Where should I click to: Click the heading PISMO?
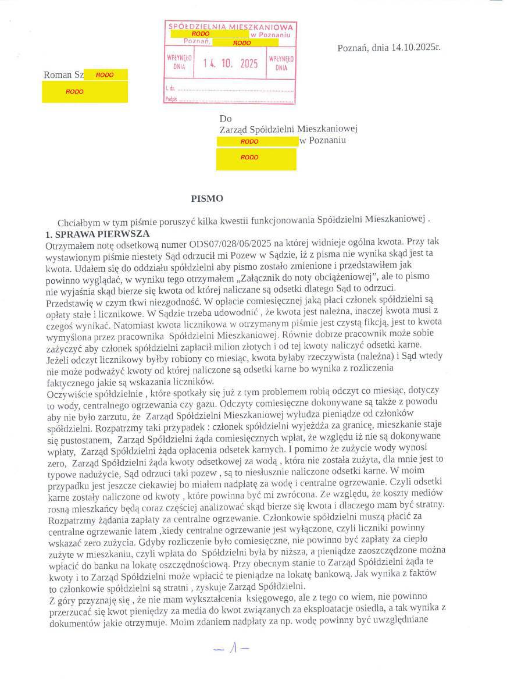pyautogui.click(x=207, y=198)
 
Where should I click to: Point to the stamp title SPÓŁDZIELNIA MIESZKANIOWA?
pyautogui.click(x=230, y=27)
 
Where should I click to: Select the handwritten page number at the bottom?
pyautogui.click(x=231, y=649)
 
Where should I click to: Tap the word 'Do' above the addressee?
pyautogui.click(x=226, y=119)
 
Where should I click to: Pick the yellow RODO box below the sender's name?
pyautogui.click(x=85, y=92)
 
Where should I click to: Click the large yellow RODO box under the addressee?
pyautogui.click(x=256, y=159)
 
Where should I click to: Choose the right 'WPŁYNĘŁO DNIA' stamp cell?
pyautogui.click(x=281, y=63)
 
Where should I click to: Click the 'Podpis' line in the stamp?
pyautogui.click(x=230, y=99)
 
